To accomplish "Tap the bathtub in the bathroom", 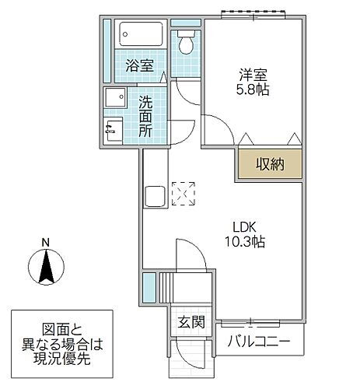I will pyautogui.click(x=140, y=35).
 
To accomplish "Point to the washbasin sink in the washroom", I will pyautogui.click(x=117, y=99).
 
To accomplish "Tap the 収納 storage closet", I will pyautogui.click(x=267, y=164).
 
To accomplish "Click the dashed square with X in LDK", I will pyautogui.click(x=184, y=194).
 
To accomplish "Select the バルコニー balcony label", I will pyautogui.click(x=259, y=341).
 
